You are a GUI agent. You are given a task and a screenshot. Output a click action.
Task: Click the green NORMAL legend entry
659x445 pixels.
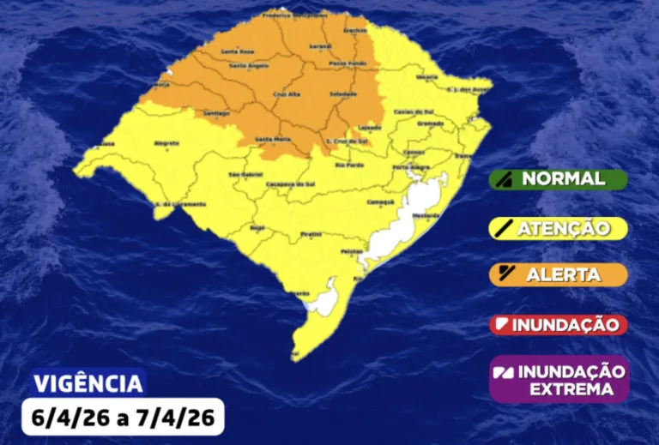(559, 179)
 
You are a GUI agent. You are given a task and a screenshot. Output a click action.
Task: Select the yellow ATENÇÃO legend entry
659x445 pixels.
(559, 228)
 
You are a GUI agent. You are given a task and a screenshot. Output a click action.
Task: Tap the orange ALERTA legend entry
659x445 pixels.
(559, 275)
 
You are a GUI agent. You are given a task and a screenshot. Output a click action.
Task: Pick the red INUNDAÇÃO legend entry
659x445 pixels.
(559, 325)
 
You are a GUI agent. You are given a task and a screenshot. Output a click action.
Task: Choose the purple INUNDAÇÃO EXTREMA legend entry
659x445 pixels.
(559, 379)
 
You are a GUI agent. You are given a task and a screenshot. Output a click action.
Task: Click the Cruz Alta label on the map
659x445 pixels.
(286, 95)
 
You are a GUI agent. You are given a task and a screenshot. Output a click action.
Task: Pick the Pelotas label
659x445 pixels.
(352, 250)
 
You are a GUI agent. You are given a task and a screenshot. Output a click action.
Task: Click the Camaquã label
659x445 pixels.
(378, 202)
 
